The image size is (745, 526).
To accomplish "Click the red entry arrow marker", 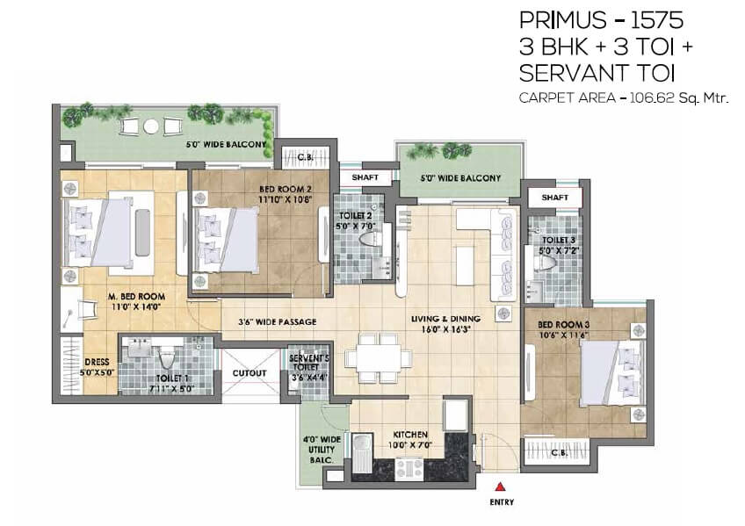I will pos(499,486).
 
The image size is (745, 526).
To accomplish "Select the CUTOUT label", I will pos(250,373).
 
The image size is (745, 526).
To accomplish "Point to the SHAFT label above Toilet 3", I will pos(555,198).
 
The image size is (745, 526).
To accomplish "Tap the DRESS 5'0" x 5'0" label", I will pos(97,367).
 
